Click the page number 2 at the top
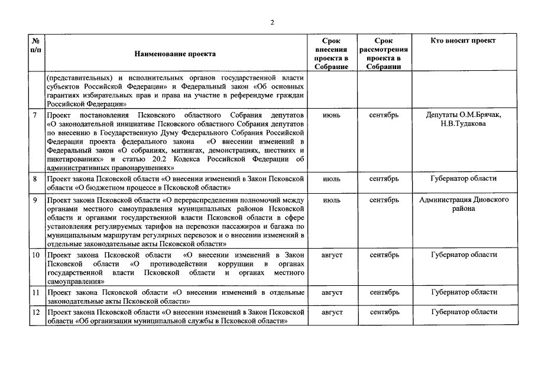pyautogui.click(x=271, y=22)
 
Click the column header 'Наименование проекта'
pyautogui.click(x=175, y=54)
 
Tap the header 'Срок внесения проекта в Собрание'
pyautogui.click(x=331, y=54)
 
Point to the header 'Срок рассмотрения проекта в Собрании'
pyautogui.click(x=384, y=54)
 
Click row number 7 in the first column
pyautogui.click(x=35, y=115)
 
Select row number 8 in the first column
pyautogui.click(x=35, y=178)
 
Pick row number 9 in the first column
pyautogui.click(x=35, y=200)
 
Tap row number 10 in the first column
pyautogui.click(x=35, y=255)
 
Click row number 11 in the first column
pyautogui.click(x=35, y=292)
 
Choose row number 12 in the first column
pyautogui.click(x=35, y=311)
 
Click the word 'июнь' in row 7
pyautogui.click(x=331, y=115)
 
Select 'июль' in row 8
pyautogui.click(x=331, y=178)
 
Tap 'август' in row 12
pyautogui.click(x=331, y=311)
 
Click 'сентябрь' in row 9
pyautogui.click(x=384, y=200)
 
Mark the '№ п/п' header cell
pyautogui.click(x=35, y=45)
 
